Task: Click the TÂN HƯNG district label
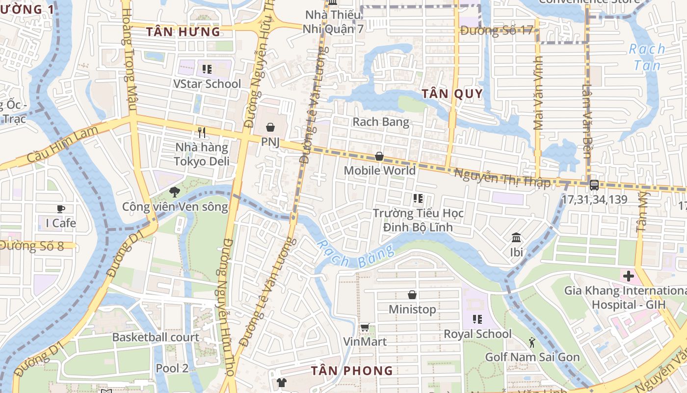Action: (184, 32)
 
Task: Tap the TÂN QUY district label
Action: (452, 94)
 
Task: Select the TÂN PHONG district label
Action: (352, 371)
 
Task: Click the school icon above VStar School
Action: (207, 69)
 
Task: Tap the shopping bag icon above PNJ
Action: (270, 128)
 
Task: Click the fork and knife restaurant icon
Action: (201, 132)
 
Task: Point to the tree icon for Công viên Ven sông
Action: (174, 192)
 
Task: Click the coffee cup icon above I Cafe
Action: (61, 209)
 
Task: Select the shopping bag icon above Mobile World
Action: (379, 157)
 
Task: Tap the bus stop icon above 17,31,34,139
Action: (594, 185)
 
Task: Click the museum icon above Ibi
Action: (516, 238)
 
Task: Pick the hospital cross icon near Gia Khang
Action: (629, 276)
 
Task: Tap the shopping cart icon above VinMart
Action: (365, 328)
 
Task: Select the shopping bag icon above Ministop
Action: (412, 295)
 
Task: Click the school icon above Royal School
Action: (477, 320)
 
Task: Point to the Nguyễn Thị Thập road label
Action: (502, 178)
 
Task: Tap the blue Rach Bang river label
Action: (355, 255)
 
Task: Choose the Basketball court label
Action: (156, 337)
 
